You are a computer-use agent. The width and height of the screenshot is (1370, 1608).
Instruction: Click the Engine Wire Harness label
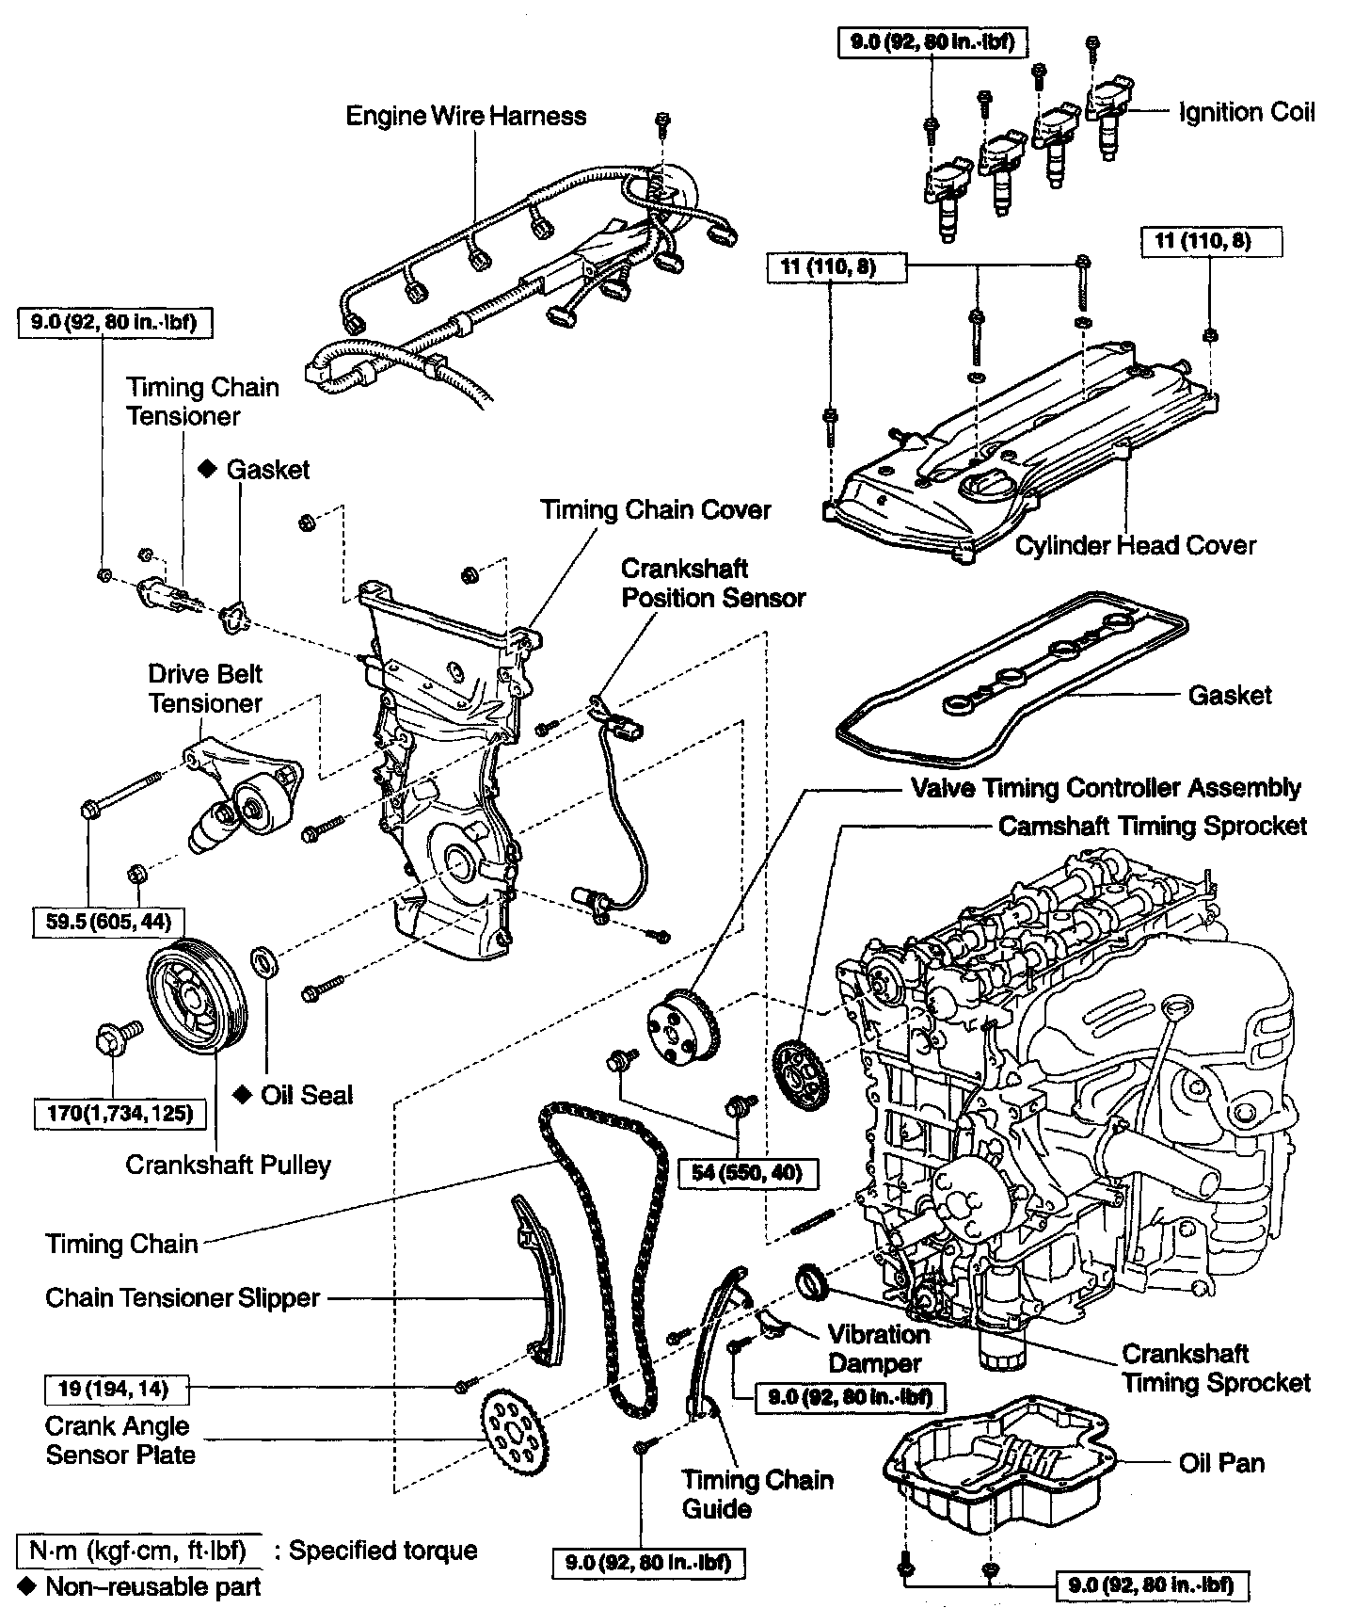pyautogui.click(x=466, y=116)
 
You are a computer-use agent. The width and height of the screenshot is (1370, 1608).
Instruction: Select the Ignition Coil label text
pyautogui.click(x=1247, y=112)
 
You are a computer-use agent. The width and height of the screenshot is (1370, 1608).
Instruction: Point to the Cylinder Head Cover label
pyautogui.click(x=1135, y=545)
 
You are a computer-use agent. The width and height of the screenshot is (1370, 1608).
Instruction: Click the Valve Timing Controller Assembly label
pyautogui.click(x=1106, y=787)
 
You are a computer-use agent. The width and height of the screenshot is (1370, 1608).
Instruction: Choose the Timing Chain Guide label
pyautogui.click(x=757, y=1494)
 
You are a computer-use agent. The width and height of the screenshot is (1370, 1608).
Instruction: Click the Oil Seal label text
pyautogui.click(x=307, y=1095)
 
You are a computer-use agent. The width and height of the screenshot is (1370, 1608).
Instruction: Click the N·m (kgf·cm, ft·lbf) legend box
pyautogui.click(x=138, y=1551)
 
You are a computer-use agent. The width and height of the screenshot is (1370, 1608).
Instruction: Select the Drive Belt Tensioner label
pyautogui.click(x=205, y=688)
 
